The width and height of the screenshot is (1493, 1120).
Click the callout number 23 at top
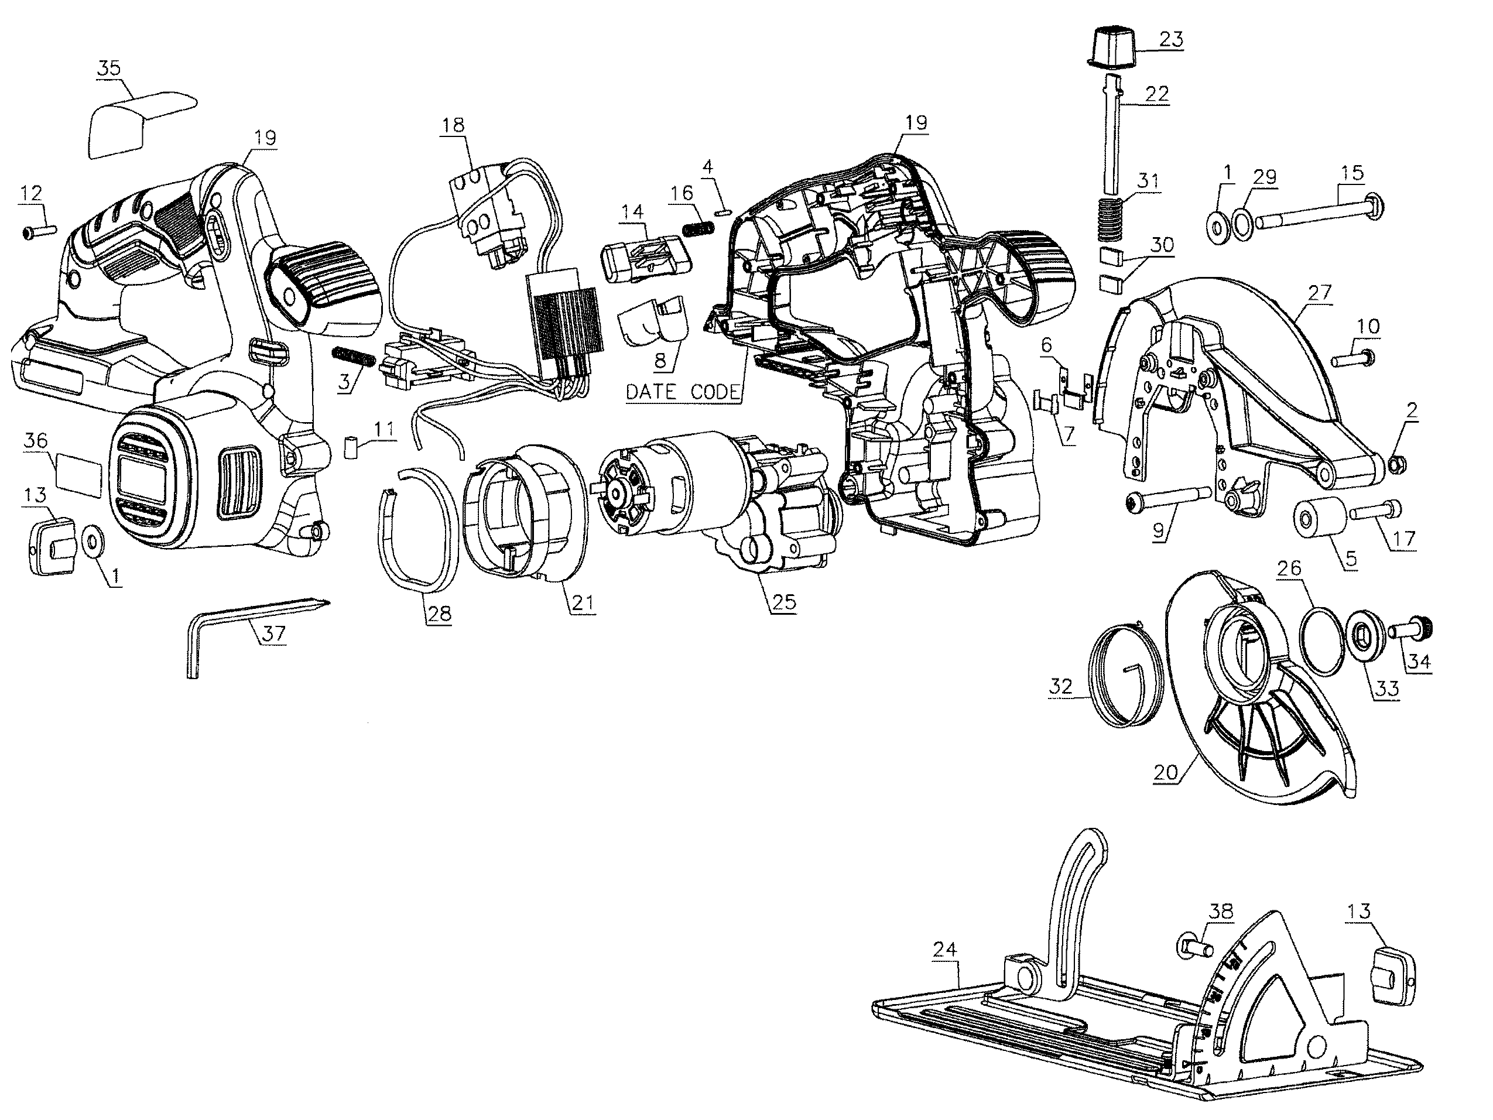pos(1172,39)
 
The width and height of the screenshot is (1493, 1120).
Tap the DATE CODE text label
pos(683,392)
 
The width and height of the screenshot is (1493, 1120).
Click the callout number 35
pos(109,67)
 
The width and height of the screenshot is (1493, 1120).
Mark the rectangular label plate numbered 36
pos(79,471)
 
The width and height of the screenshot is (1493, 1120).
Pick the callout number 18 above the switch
pos(454,125)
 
